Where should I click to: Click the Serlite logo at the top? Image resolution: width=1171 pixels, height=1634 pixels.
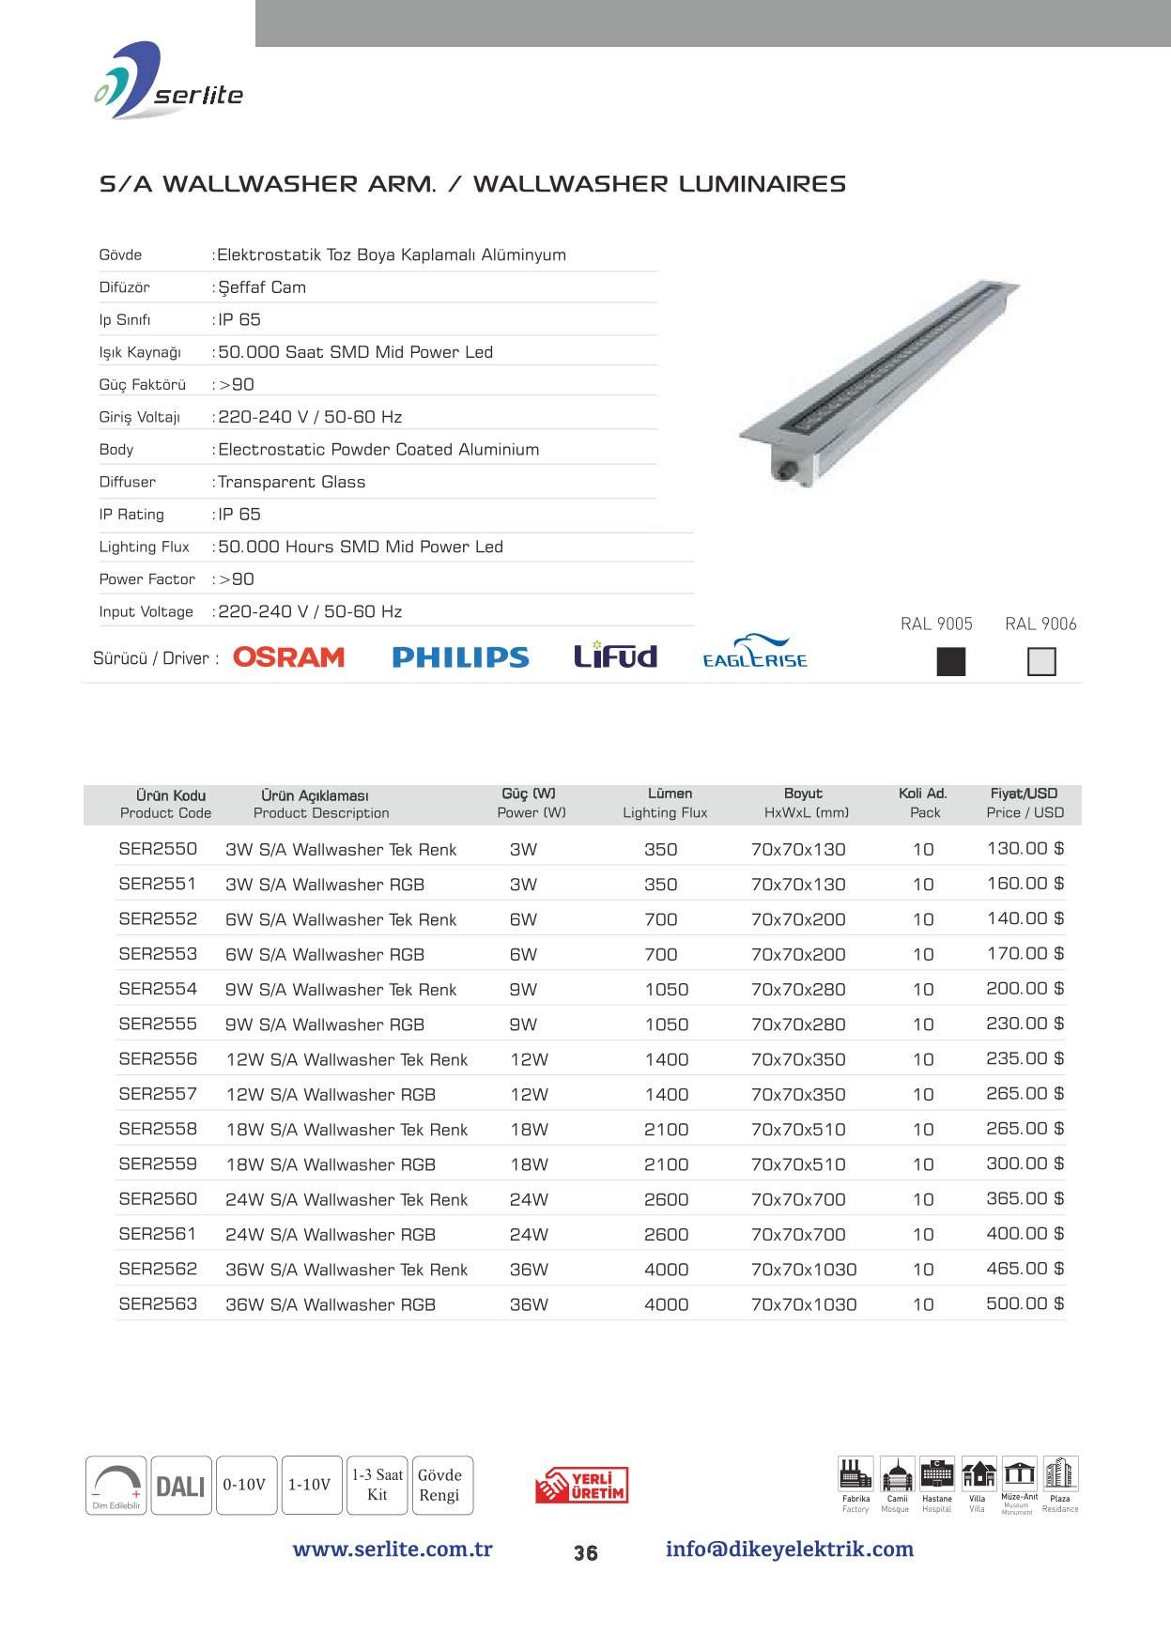coord(169,83)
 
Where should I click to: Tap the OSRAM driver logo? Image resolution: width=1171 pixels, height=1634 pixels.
coord(288,657)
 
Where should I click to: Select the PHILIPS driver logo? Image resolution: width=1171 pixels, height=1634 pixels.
coord(460,657)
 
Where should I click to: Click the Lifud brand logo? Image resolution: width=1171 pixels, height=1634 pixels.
coord(615,655)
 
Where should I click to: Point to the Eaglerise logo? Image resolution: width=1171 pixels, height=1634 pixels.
coord(755,652)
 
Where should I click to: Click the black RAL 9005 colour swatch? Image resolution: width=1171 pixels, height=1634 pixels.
coord(951,662)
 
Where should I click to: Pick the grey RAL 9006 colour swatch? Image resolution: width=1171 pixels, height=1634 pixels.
coord(1041,662)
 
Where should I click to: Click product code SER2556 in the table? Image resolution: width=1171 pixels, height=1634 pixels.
coord(158,1059)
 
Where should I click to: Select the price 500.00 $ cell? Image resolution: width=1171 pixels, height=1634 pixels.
coord(1025,1303)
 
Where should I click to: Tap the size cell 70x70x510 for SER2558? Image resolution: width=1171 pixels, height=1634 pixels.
coord(798,1130)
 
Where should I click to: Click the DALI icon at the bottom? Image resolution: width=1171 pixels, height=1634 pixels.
coord(180,1486)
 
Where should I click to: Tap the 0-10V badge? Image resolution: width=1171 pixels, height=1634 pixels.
coord(244,1485)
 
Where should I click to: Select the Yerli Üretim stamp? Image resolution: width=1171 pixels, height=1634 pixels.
coord(582,1486)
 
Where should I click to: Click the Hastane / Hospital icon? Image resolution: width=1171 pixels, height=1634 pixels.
coord(937,1476)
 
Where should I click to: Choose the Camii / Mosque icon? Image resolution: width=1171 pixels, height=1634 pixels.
coord(897,1476)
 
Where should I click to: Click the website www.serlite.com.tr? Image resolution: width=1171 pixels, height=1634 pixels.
coord(393,1549)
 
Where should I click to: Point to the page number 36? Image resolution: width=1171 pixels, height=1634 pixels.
coord(586,1553)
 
